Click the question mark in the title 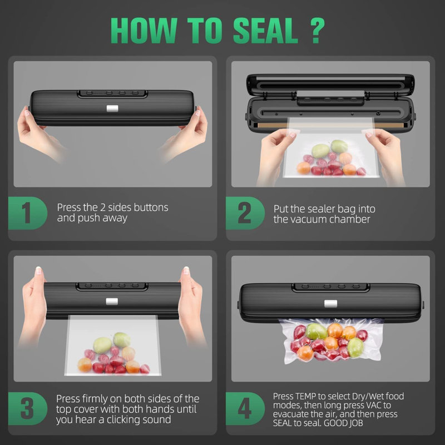(315, 31)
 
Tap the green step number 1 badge (26, 213)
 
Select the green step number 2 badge (244, 213)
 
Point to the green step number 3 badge (26, 409)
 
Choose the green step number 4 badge (244, 409)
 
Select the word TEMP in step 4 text (308, 397)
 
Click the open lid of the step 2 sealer (330, 86)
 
